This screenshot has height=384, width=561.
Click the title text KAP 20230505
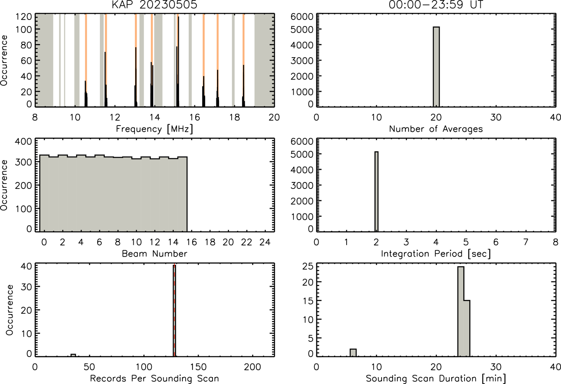point(154,5)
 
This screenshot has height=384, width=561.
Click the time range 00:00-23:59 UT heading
point(436,5)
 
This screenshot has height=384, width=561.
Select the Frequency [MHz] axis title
point(154,129)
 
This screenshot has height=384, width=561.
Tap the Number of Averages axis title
point(436,129)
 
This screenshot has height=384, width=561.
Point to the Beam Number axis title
point(154,253)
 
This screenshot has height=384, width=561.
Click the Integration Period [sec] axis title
point(436,253)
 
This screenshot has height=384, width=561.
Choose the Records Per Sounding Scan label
point(154,378)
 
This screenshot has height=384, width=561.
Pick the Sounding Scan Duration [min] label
point(436,378)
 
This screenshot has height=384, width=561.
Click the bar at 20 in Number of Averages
point(436,67)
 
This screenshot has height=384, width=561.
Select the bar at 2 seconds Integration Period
point(377,192)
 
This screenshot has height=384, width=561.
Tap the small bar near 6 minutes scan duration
point(353,353)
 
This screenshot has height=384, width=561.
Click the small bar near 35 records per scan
point(73,355)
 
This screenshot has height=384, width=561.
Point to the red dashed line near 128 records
point(174,310)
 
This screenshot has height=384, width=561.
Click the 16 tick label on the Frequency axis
point(194,118)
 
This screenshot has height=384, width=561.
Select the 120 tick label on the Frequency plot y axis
point(24,17)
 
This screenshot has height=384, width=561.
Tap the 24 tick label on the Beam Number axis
point(265,242)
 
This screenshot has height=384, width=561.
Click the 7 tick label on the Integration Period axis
point(526,242)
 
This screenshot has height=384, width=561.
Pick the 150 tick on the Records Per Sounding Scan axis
point(198,367)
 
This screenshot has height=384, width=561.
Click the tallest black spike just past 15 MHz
point(178,61)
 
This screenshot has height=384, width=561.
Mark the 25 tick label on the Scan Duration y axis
point(308,266)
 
